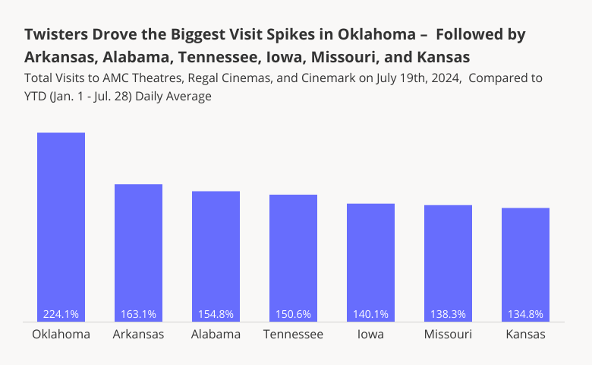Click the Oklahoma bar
pos(61,221)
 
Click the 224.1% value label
pos(61,314)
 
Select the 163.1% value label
pos(138,314)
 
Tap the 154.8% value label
pos(216,314)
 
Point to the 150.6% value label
pos(293,314)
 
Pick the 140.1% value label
pos(370,314)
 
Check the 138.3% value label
pos(448,314)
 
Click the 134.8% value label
pos(525,314)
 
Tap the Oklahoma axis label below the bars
pos(61,335)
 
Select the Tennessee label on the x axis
pos(293,335)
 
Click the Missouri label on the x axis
pos(448,335)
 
